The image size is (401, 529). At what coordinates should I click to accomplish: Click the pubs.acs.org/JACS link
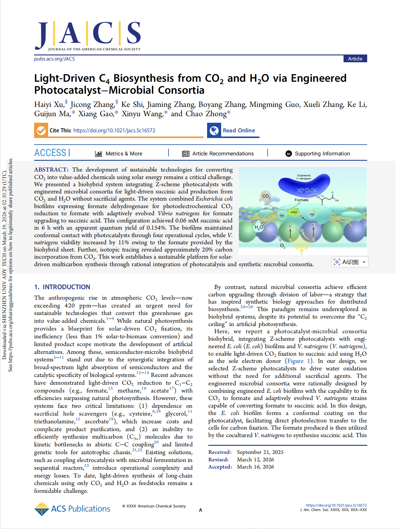click(54, 59)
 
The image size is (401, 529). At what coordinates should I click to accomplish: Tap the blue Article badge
click(355, 59)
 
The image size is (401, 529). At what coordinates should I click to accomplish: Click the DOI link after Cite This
click(114, 131)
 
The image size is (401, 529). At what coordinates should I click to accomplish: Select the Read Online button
click(233, 131)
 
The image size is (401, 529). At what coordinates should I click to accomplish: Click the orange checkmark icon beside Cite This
click(41, 131)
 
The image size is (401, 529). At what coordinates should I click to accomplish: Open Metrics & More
click(119, 154)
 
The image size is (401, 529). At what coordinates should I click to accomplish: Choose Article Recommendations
click(218, 154)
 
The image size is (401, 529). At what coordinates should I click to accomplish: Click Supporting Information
click(318, 154)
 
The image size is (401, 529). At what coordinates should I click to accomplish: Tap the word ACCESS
click(50, 153)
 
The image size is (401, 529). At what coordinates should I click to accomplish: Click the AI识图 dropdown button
click(350, 262)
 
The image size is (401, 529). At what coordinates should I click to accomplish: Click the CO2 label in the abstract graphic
click(266, 196)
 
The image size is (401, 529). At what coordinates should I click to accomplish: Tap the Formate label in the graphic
click(301, 200)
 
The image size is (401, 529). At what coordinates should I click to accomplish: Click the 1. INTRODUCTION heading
click(62, 287)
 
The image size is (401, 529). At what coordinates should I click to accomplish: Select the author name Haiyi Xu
click(49, 104)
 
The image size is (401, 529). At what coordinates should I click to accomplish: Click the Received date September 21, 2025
click(260, 452)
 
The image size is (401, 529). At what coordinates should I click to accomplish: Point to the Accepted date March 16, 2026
click(255, 467)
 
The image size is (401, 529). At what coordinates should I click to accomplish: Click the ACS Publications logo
click(72, 509)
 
